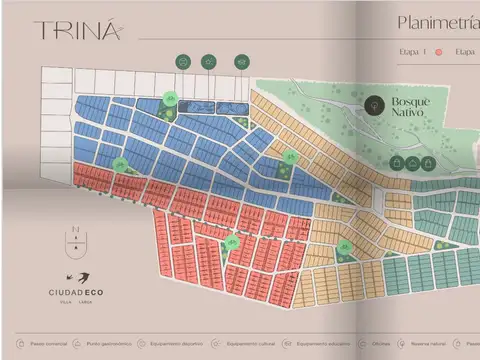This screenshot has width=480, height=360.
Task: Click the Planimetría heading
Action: point(437,22)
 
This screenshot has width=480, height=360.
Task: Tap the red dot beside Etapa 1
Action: point(437,51)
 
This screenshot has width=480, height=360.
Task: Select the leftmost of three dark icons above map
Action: point(182,62)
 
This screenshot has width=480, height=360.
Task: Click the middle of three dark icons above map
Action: point(209,62)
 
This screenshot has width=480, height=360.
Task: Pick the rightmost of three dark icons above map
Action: point(241,62)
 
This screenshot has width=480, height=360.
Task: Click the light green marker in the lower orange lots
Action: point(345,246)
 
